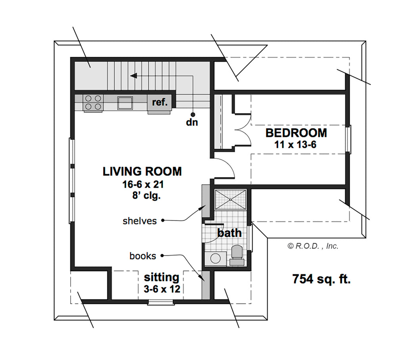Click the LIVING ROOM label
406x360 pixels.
pyautogui.click(x=142, y=171)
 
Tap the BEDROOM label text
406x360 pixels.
pyautogui.click(x=296, y=133)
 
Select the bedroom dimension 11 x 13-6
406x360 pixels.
pyautogui.click(x=295, y=144)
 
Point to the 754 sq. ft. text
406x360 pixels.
pyautogui.click(x=322, y=279)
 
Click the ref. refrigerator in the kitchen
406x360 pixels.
pyautogui.click(x=159, y=103)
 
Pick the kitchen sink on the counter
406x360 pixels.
pyautogui.click(x=125, y=103)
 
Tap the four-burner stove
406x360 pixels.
pyautogui.click(x=93, y=103)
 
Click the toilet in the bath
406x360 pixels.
pyautogui.click(x=237, y=255)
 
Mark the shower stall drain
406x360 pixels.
pyautogui.click(x=230, y=200)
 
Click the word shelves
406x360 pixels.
pyautogui.click(x=140, y=221)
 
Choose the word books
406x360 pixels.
pyautogui.click(x=143, y=256)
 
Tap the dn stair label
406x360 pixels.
pyautogui.click(x=192, y=122)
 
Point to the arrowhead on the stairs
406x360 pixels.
pyautogui.click(x=133, y=76)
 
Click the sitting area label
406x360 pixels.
pyautogui.click(x=162, y=277)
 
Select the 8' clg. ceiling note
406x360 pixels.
pyautogui.click(x=147, y=195)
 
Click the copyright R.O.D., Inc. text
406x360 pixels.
pyautogui.click(x=313, y=246)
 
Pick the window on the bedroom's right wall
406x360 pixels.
pyautogui.click(x=349, y=139)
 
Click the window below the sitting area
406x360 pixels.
pyautogui.click(x=161, y=302)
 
